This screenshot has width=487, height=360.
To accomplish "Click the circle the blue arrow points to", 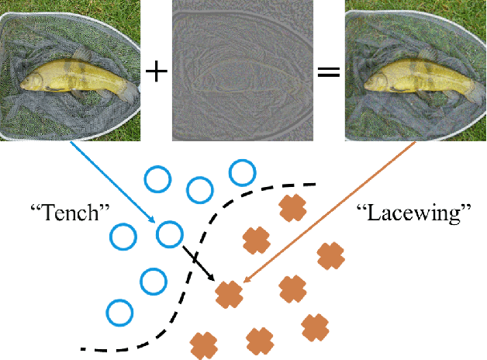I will coord(169,233).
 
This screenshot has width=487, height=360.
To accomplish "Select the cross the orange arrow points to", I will coord(229,294).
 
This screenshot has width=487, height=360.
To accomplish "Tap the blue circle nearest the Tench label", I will coord(124,234).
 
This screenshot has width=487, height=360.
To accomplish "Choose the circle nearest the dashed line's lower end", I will coord(120,313).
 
